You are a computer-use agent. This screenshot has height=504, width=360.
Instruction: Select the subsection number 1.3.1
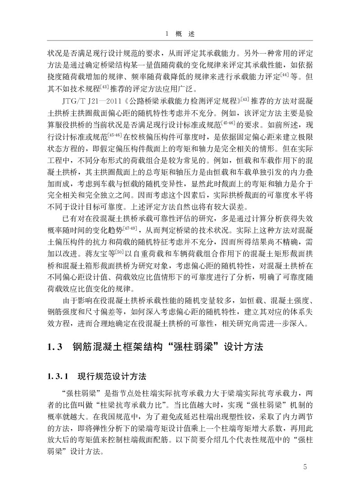[x=58, y=375]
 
